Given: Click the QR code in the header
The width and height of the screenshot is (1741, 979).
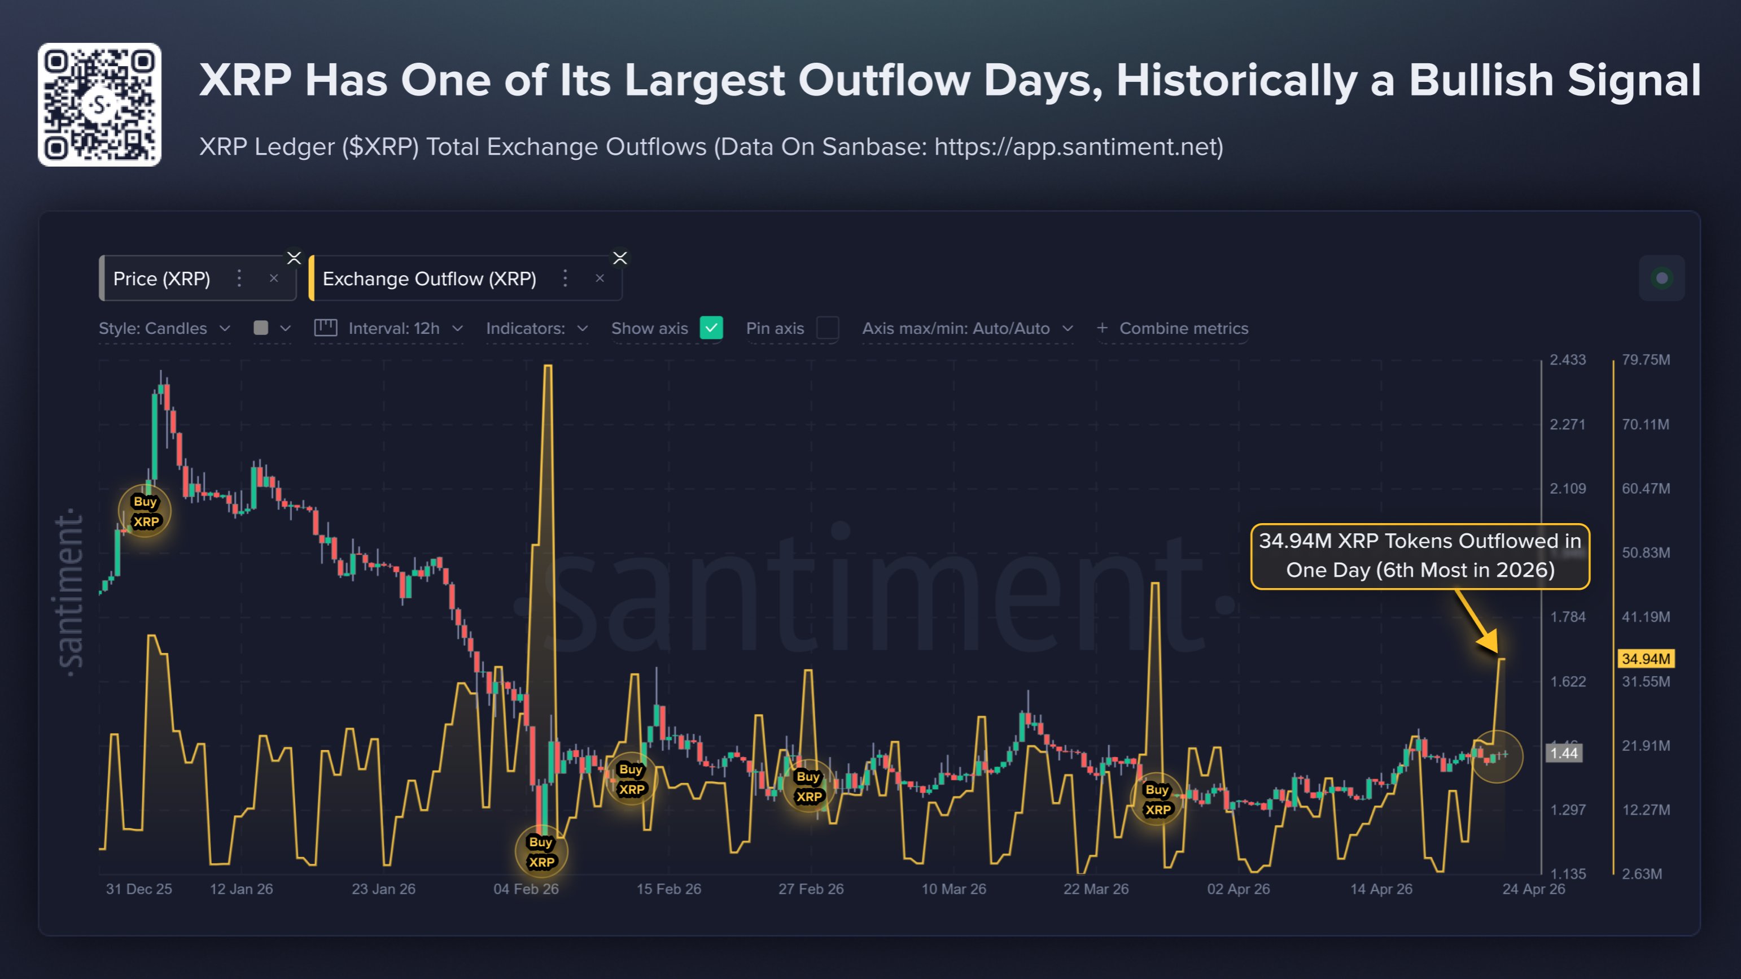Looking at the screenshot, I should [x=99, y=105].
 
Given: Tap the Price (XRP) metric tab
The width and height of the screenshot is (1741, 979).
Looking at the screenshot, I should [x=162, y=279].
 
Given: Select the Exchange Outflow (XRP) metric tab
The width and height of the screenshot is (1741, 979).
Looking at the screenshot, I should [x=429, y=279].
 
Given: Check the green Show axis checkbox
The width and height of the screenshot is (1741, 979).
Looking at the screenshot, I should [x=711, y=328].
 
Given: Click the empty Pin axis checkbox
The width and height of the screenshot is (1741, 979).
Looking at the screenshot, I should [x=827, y=328].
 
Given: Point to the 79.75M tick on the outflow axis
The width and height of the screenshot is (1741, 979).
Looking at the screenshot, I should [x=1646, y=360].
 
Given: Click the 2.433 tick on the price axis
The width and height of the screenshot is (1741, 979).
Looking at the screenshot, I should [x=1567, y=360].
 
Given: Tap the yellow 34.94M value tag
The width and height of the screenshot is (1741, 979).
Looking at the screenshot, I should [x=1646, y=659].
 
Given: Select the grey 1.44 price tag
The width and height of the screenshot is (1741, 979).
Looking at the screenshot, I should [x=1564, y=753].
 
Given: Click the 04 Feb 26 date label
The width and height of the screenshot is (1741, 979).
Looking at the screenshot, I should [x=526, y=889].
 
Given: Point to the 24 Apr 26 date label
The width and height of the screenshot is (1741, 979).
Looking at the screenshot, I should [x=1533, y=889].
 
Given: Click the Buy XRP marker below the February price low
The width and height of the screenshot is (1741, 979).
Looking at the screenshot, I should [x=541, y=852].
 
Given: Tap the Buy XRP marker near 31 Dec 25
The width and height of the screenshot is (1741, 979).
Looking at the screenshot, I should [x=145, y=511].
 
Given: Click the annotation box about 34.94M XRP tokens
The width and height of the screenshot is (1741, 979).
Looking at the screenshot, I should [x=1420, y=556].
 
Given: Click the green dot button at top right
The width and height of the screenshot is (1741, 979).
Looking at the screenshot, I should [x=1661, y=278].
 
